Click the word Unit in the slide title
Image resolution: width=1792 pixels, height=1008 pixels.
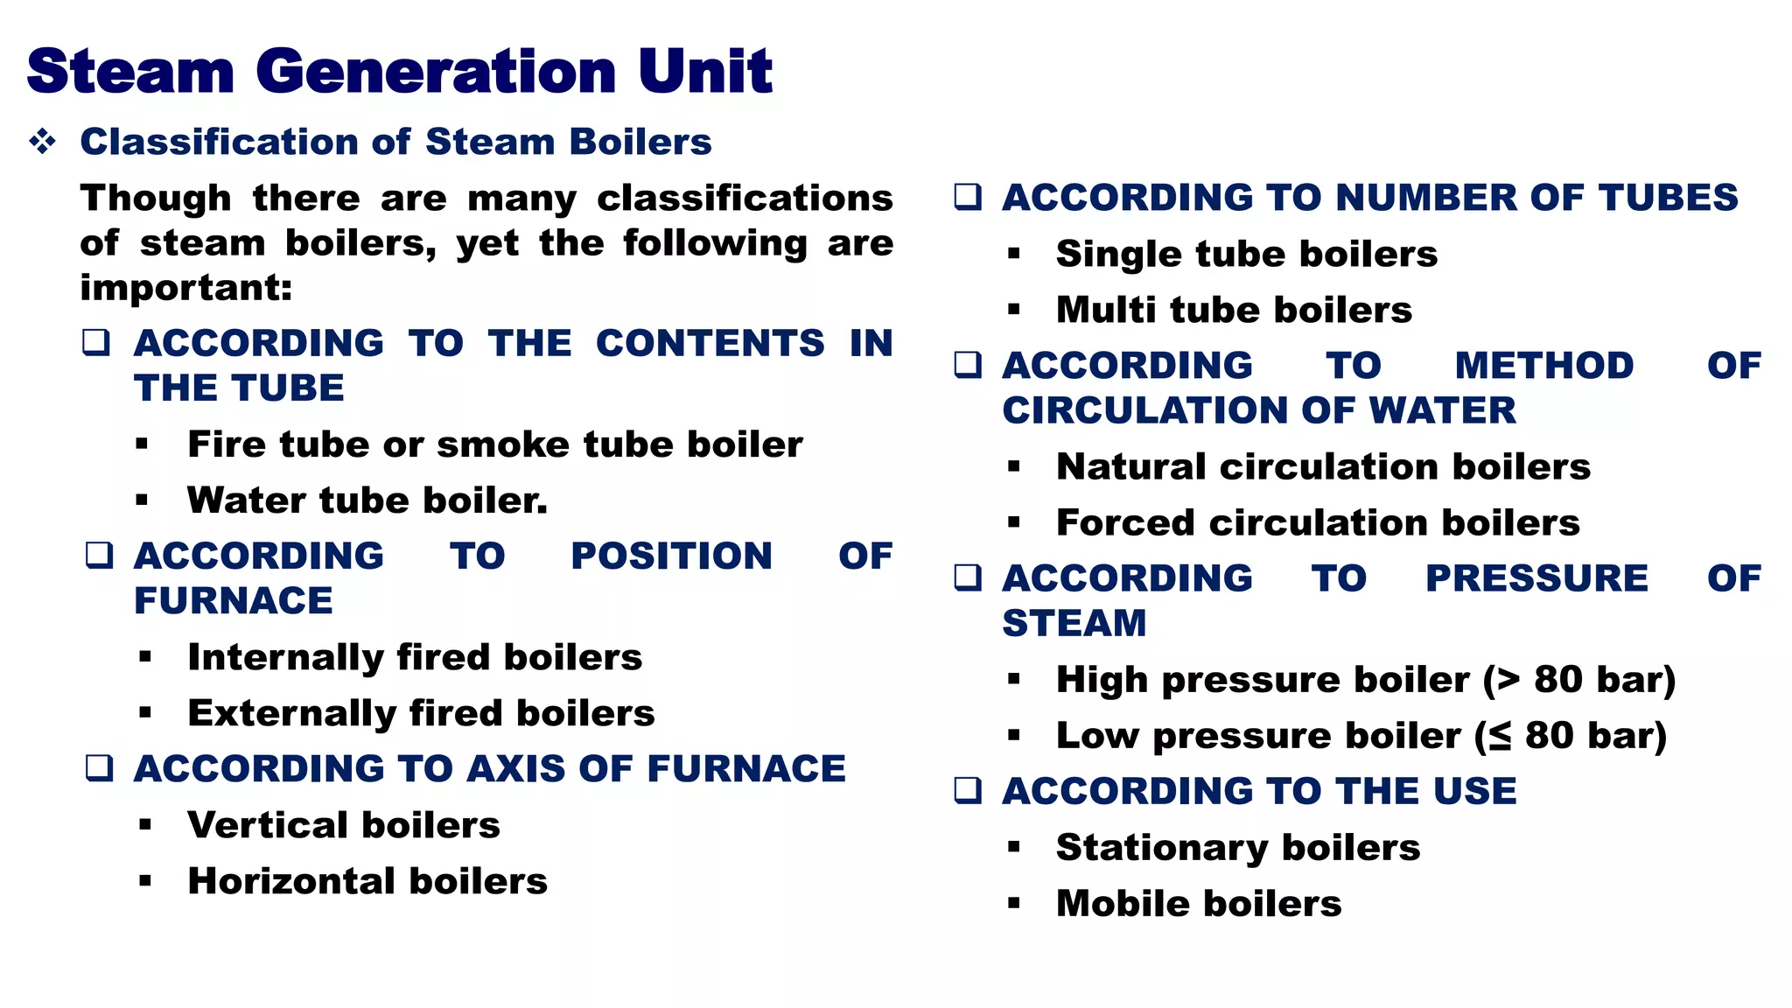pyautogui.click(x=705, y=72)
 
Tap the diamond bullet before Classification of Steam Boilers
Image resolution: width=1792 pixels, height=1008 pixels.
pyautogui.click(x=42, y=141)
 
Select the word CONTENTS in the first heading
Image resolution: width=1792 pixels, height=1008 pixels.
pyautogui.click(x=710, y=343)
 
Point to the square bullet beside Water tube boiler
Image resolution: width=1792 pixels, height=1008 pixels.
pyautogui.click(x=142, y=500)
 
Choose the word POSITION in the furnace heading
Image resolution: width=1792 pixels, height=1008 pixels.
pyautogui.click(x=671, y=556)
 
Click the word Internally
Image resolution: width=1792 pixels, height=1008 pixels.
pyautogui.click(x=285, y=658)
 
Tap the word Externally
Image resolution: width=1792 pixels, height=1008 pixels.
pyautogui.click(x=291, y=714)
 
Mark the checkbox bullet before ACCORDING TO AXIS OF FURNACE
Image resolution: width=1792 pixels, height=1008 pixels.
pyautogui.click(x=99, y=768)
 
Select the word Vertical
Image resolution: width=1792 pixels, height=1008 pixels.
pyautogui.click(x=268, y=825)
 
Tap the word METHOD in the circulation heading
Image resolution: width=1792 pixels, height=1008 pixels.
pyautogui.click(x=1543, y=366)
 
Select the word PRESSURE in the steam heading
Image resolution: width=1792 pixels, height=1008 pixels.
pyautogui.click(x=1536, y=578)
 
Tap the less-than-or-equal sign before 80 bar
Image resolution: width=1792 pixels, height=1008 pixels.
pyautogui.click(x=1500, y=736)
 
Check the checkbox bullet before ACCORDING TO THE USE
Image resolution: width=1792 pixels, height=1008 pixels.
pyautogui.click(x=968, y=790)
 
